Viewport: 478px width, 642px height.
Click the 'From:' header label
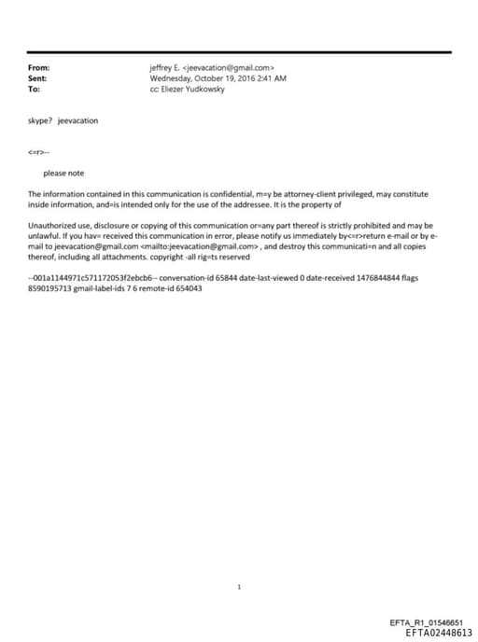[x=38, y=68]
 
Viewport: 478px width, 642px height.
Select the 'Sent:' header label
[x=38, y=78]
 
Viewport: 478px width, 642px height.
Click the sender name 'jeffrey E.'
[x=164, y=68]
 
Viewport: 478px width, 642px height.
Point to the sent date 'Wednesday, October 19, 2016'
[x=201, y=78]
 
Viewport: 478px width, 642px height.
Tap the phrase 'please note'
[x=63, y=173]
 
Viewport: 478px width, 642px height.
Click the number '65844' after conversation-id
[x=229, y=279]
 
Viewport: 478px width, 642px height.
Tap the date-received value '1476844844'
[x=380, y=279]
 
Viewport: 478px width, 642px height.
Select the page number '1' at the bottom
[x=240, y=588]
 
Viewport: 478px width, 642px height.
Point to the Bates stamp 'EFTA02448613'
[x=439, y=633]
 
